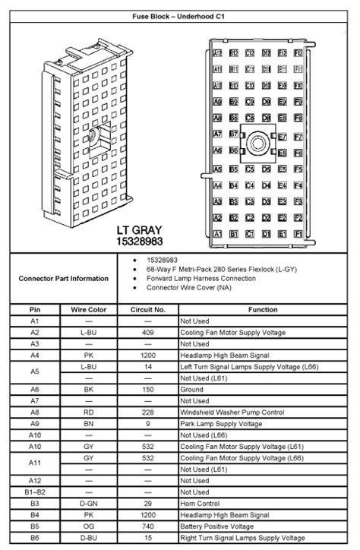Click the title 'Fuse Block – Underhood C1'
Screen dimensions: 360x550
[179, 14]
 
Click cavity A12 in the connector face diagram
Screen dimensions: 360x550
[217, 52]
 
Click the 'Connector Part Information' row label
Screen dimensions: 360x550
[63, 278]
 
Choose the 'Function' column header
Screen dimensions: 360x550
[262, 310]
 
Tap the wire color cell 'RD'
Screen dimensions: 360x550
[88, 412]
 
